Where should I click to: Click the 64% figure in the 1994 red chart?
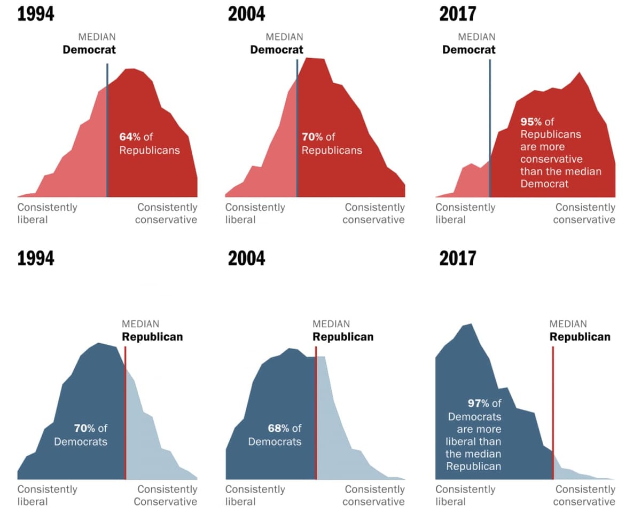(130, 137)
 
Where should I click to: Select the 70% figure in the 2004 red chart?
(312, 137)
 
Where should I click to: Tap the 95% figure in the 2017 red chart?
(531, 122)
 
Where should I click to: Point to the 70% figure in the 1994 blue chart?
(84, 428)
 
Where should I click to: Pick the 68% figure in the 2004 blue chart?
(278, 428)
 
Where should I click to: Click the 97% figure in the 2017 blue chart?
(479, 404)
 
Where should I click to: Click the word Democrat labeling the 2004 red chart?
(277, 50)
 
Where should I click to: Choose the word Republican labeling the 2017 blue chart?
(580, 337)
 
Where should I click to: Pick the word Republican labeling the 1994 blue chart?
(152, 337)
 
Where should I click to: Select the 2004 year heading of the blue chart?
(246, 258)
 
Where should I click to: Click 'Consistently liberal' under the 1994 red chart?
(47, 213)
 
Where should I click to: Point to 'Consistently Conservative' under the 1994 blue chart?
(166, 495)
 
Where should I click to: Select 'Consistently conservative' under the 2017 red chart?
(584, 213)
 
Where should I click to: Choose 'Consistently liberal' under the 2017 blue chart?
(465, 495)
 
